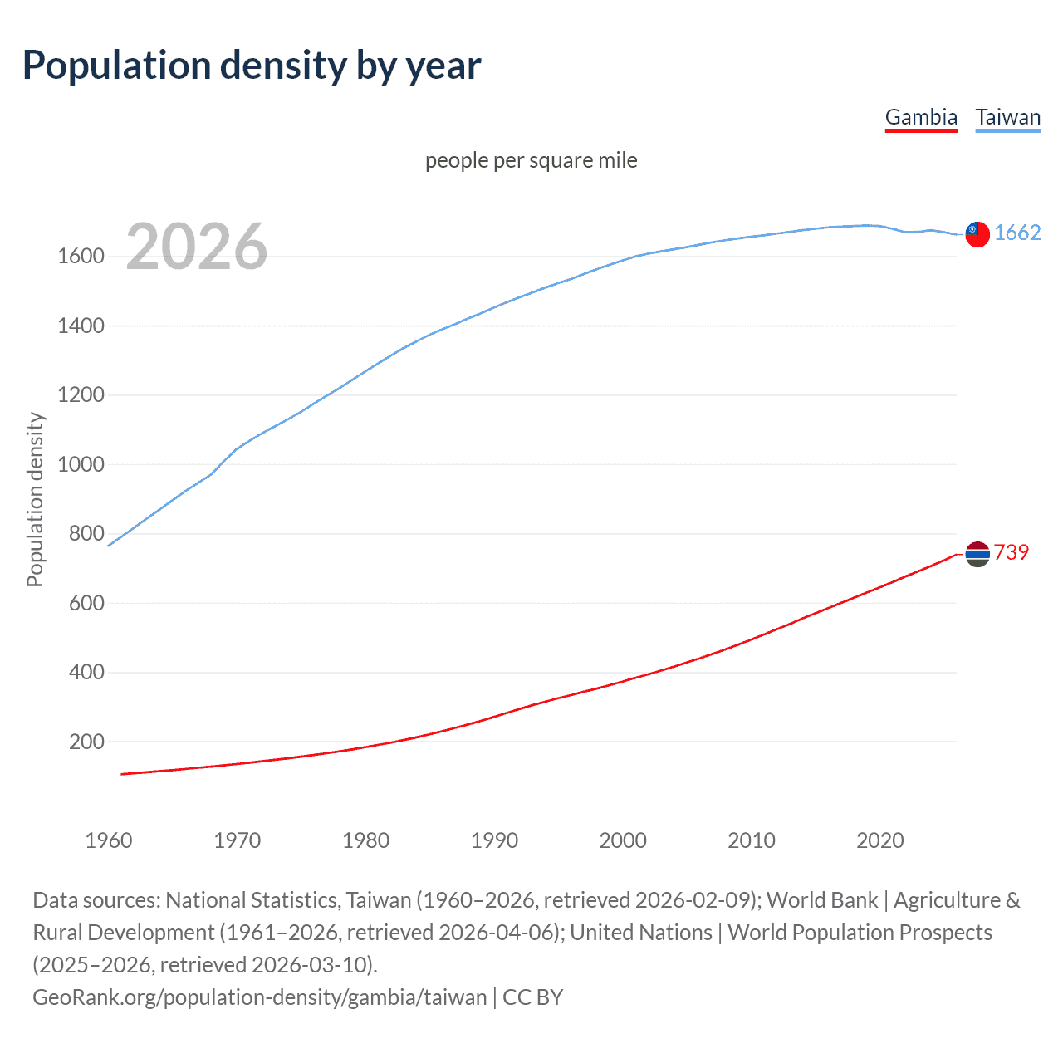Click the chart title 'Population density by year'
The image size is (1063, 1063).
(252, 66)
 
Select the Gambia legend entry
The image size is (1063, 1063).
(921, 117)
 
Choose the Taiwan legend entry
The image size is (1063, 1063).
(1007, 117)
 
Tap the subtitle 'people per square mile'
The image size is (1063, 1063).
(531, 160)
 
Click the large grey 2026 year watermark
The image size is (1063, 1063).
(197, 247)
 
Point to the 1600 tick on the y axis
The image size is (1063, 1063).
(81, 257)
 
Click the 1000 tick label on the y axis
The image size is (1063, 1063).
(81, 464)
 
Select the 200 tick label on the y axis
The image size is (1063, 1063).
(86, 742)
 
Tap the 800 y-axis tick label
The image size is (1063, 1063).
(86, 534)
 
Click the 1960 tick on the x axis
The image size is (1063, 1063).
(109, 840)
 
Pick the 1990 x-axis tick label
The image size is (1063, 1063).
(494, 840)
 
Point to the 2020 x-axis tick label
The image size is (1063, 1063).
(879, 840)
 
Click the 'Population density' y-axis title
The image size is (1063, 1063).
(35, 500)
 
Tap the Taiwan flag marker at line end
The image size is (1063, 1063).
(977, 234)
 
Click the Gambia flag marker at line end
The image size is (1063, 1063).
(977, 554)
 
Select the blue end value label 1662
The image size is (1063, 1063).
(1017, 233)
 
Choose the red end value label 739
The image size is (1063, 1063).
(1012, 553)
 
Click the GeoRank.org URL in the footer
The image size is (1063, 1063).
(259, 997)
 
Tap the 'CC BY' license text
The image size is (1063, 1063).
(533, 997)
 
